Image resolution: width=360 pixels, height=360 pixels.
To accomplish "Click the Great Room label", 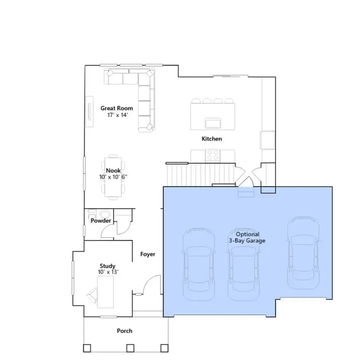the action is point(116,108).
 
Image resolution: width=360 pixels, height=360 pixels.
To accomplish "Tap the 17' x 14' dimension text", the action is point(118,115).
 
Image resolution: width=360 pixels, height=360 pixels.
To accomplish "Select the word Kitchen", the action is point(211,139).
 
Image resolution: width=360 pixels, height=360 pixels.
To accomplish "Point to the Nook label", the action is point(113,170).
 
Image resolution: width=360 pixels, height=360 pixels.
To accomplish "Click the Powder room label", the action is point(101,220).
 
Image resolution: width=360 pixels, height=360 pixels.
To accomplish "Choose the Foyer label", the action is point(147,254).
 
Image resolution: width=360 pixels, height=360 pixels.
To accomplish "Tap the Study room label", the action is point(107,266).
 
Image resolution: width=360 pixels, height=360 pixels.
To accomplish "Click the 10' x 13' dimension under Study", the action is point(108,272).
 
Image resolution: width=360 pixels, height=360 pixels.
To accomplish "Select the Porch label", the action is point(124,331).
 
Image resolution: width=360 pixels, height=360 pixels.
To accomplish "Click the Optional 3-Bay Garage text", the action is point(247,237).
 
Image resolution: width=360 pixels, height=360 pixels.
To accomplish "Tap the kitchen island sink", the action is point(213,123).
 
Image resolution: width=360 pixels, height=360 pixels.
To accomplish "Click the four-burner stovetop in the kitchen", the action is point(213,155).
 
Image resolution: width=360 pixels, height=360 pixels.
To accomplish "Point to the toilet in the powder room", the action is point(105,214).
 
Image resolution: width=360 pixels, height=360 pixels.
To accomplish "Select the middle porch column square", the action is point(130,348).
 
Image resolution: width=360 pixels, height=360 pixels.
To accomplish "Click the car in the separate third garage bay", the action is point(303,253).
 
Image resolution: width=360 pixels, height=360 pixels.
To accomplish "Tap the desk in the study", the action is point(105,292).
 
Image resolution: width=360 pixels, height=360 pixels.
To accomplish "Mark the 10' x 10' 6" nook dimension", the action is point(113,177).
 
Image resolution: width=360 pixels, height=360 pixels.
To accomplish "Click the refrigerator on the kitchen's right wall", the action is point(268,140).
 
